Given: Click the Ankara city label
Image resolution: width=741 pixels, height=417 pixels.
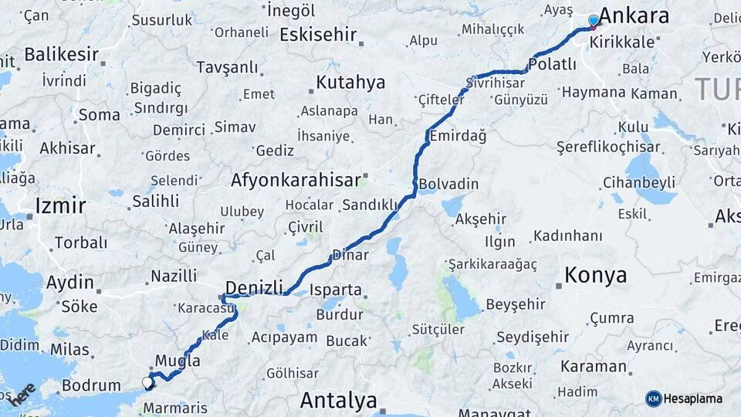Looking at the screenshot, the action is click(634, 15).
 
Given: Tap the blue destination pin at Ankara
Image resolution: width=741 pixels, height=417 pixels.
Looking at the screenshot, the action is click(593, 21).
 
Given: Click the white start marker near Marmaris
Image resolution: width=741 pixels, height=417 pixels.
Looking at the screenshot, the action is click(147, 381).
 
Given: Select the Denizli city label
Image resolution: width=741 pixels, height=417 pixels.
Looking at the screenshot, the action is click(254, 287).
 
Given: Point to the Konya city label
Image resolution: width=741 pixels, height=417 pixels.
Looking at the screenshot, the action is click(595, 275).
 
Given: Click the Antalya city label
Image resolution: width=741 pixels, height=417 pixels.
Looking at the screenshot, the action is click(338, 401).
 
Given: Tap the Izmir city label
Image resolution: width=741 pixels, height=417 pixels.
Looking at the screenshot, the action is click(60, 205).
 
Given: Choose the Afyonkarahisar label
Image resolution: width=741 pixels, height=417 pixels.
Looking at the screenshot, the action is click(296, 181).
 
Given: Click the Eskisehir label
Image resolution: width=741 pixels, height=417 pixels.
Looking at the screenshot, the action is click(318, 34).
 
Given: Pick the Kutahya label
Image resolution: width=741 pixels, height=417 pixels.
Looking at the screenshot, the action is click(350, 82).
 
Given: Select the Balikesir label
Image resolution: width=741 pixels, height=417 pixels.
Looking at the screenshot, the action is click(62, 54).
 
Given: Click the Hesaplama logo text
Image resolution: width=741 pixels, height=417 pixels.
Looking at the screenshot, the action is click(693, 398).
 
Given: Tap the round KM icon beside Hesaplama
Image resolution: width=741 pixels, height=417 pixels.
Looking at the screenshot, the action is click(653, 398).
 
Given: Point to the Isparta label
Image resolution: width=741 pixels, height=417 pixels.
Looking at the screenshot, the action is click(334, 290).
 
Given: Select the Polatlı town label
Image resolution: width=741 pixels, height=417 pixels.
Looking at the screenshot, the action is click(552, 64).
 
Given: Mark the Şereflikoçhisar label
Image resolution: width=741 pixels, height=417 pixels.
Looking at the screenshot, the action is click(609, 147).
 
